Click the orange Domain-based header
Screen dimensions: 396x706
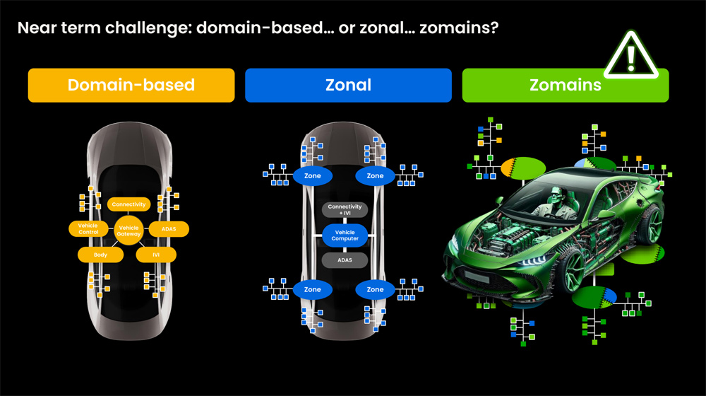131,86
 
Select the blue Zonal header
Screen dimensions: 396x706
348,86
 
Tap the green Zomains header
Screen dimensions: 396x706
565,86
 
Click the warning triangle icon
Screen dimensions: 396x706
630,54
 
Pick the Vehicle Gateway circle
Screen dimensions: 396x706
128,231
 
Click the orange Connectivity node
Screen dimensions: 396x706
128,204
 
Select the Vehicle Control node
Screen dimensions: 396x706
88,228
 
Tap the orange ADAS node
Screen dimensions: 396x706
169,229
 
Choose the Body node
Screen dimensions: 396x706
101,254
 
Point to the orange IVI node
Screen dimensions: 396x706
156,254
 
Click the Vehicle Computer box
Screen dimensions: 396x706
345,235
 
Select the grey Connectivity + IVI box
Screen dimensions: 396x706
345,210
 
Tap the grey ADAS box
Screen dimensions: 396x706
345,260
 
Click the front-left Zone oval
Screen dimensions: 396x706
312,175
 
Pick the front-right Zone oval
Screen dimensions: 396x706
376,175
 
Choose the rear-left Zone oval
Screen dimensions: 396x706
312,289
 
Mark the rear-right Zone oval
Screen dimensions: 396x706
376,289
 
